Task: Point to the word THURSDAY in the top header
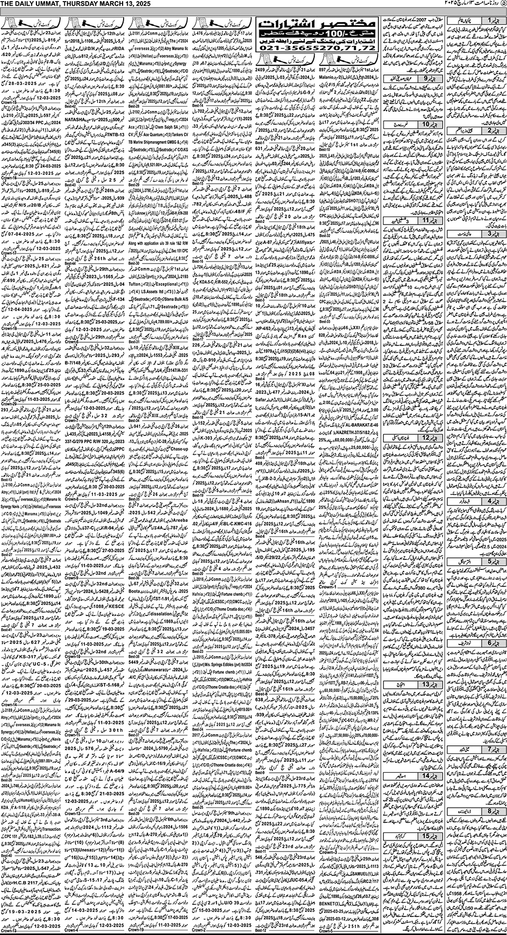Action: (x=76, y=4)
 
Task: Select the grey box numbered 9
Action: (x=427, y=79)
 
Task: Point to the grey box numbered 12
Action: (x=427, y=438)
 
